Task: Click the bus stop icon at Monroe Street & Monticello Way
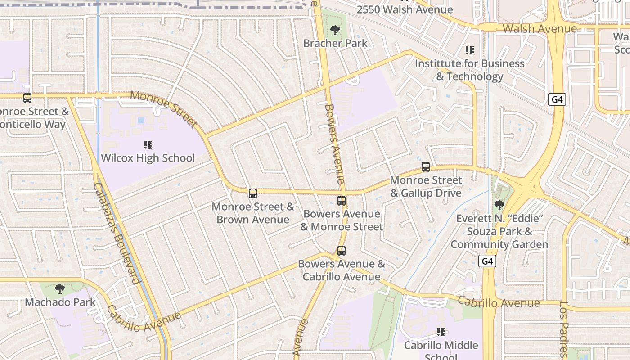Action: tap(27, 98)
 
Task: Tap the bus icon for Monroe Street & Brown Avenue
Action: tap(253, 193)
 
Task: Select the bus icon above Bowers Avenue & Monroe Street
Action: tap(342, 201)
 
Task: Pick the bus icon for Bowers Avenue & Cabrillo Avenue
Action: tap(342, 251)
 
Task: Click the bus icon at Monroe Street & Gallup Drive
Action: tap(426, 167)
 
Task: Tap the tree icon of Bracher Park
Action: tap(335, 31)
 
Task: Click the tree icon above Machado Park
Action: tap(59, 289)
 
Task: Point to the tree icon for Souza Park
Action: tap(499, 206)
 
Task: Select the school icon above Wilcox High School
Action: tap(148, 145)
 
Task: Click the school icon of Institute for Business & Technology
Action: tap(470, 50)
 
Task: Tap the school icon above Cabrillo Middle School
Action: tap(441, 332)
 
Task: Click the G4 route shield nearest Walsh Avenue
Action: tap(557, 99)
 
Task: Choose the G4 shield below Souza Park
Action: tap(488, 261)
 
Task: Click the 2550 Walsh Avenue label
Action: tap(405, 9)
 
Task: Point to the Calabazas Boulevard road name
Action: tap(117, 233)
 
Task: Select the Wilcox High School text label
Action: tap(148, 158)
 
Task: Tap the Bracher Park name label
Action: tap(335, 44)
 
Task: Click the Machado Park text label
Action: tap(60, 302)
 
